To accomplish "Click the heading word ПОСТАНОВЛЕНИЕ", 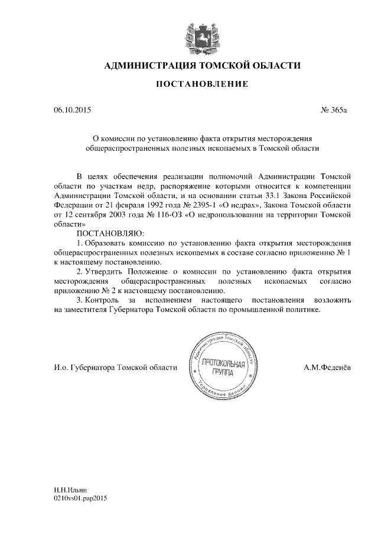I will coord(201,85).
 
